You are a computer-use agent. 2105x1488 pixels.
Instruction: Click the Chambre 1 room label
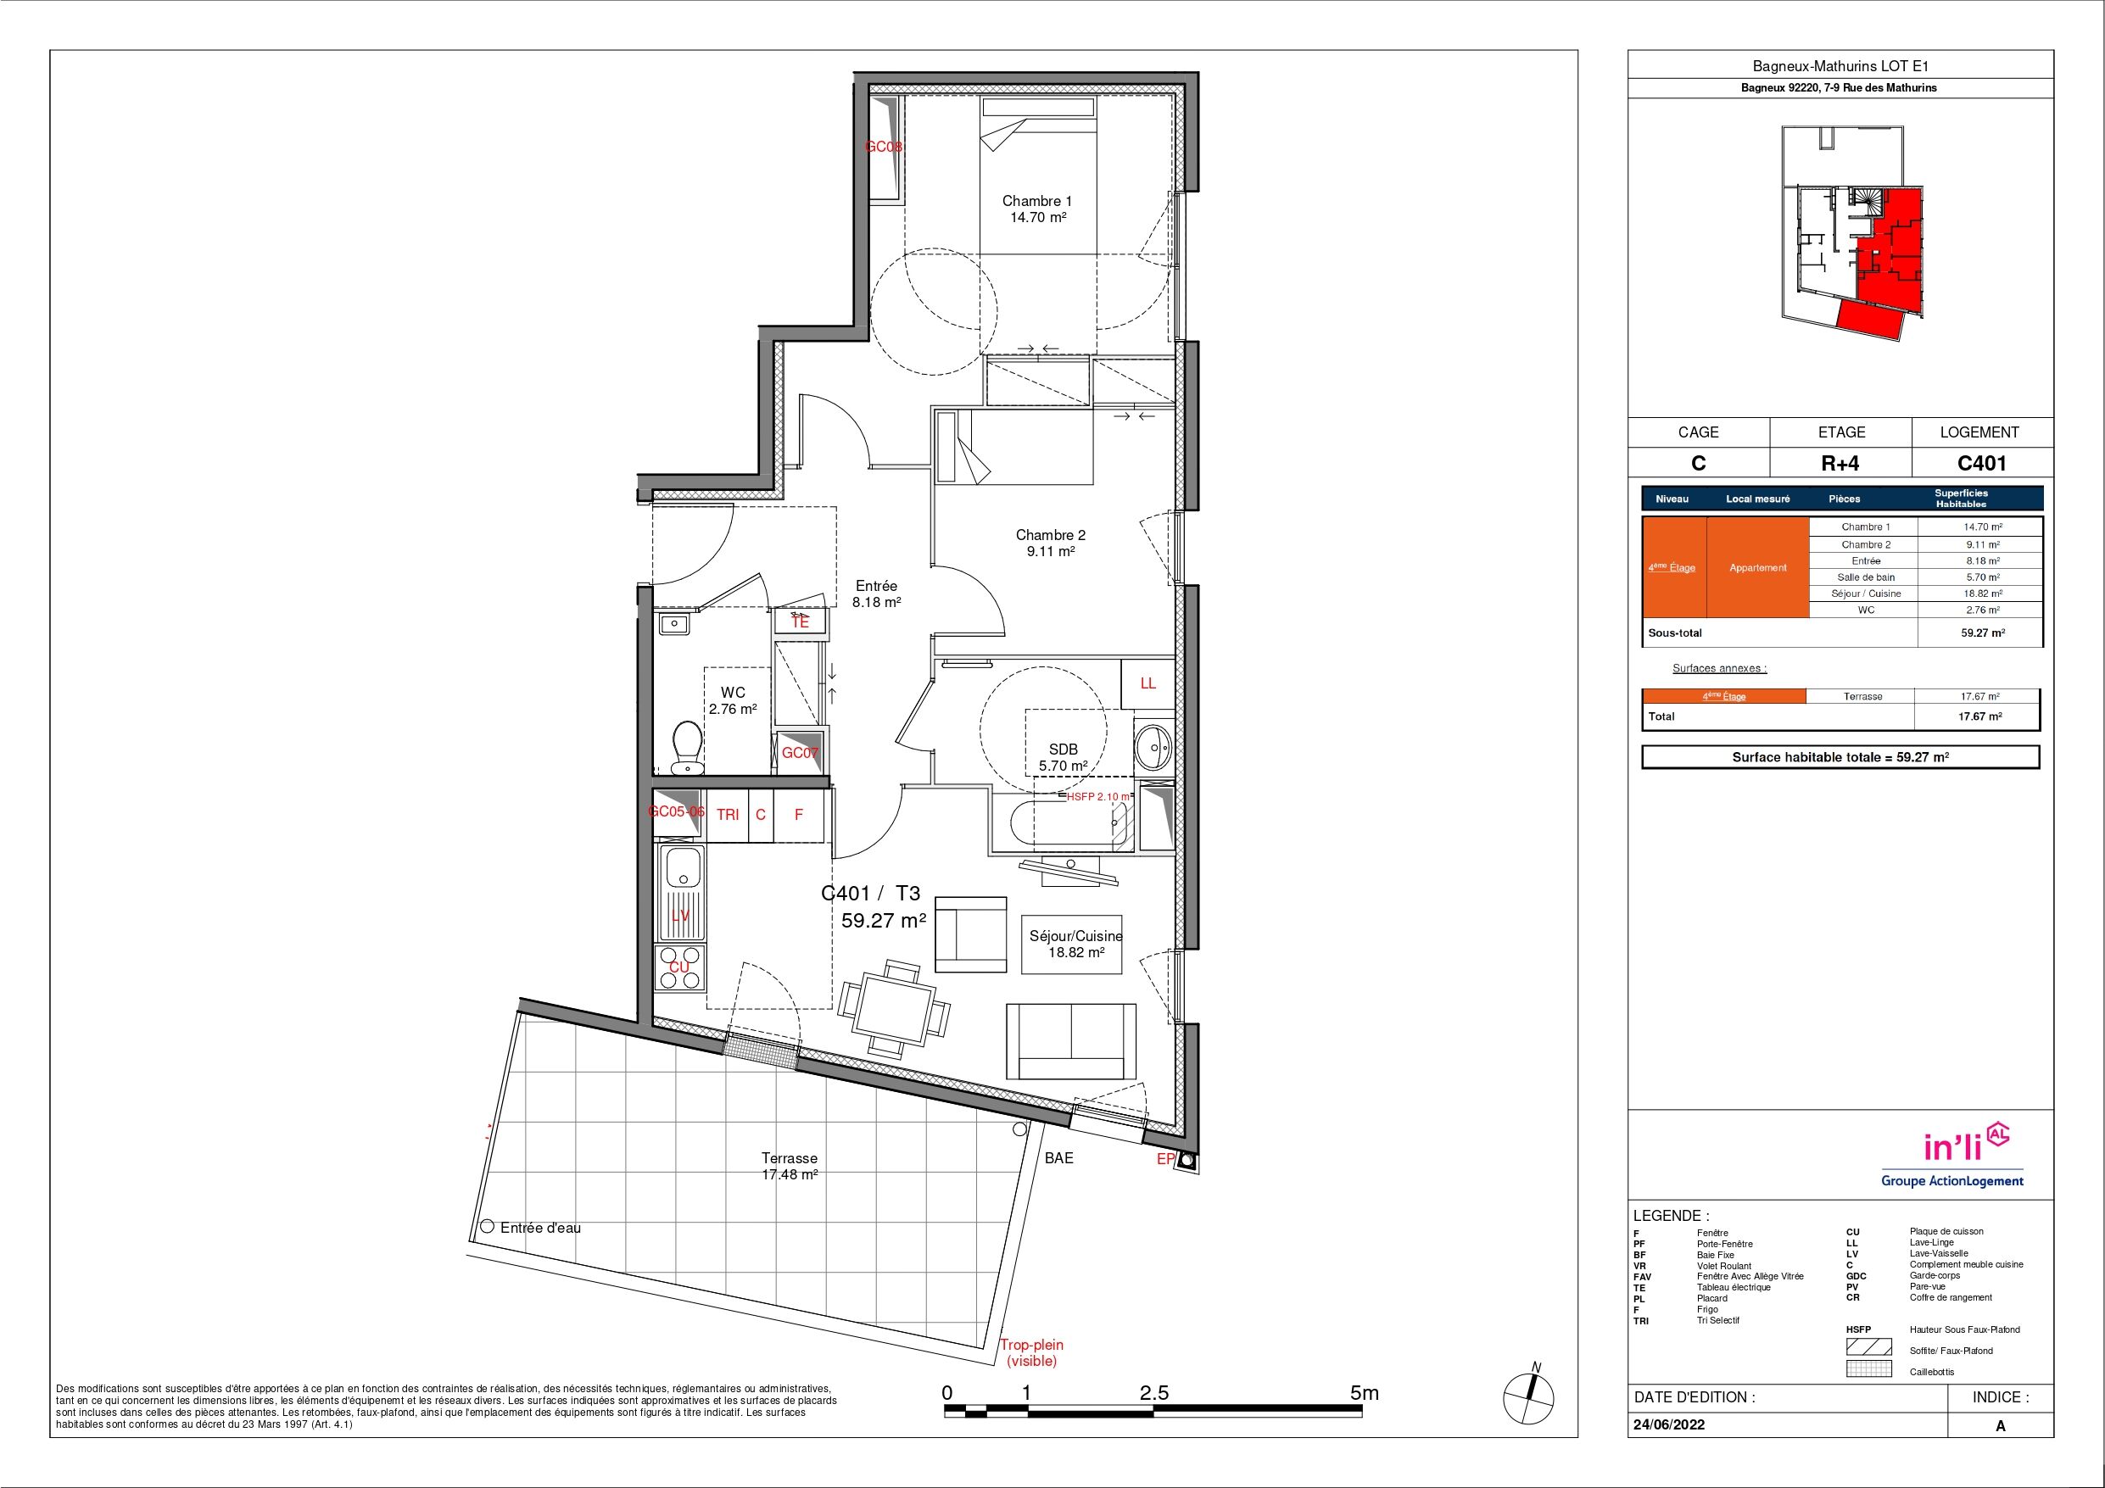[1037, 209]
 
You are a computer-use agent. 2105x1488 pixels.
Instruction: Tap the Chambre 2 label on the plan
[1051, 543]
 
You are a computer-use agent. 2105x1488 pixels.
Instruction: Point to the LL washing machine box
[1147, 683]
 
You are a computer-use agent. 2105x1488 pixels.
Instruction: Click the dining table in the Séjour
[895, 1010]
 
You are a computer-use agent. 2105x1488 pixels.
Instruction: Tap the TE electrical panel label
[801, 621]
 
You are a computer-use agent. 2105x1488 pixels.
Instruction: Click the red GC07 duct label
[800, 754]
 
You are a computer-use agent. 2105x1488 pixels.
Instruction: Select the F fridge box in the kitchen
[799, 814]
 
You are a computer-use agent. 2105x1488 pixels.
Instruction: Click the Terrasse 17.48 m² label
[790, 1166]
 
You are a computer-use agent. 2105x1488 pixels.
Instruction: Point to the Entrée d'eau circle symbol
[487, 1227]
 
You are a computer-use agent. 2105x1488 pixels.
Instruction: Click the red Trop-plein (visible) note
[1031, 1353]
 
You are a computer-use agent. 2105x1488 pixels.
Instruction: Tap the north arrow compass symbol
[1528, 1397]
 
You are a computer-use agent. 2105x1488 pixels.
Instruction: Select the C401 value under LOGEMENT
[1981, 463]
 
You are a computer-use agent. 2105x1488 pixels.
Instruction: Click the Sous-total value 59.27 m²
[1982, 633]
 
